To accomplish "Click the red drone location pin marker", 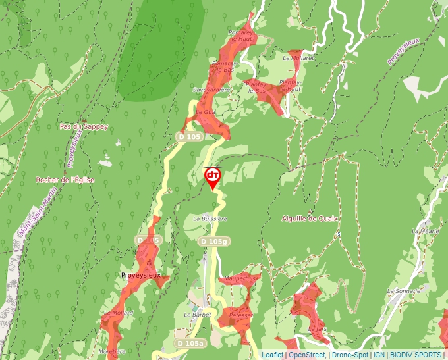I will tap(212, 176).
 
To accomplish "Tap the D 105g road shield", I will tap(213, 242).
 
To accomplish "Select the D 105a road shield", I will tap(190, 344).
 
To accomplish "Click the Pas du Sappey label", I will tap(83, 126).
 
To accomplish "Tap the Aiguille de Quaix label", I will tap(309, 218).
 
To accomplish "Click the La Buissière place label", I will tap(210, 218).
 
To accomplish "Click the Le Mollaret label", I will tap(298, 58).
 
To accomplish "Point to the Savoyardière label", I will tap(211, 89).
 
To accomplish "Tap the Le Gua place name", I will tap(205, 113).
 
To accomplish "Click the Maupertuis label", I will tap(239, 278).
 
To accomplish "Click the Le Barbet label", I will tap(196, 315).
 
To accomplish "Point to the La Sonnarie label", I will tap(404, 290).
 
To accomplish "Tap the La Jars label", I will tap(317, 328).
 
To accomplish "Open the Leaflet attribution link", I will tap(272, 355).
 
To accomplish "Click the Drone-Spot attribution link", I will tap(350, 355).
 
